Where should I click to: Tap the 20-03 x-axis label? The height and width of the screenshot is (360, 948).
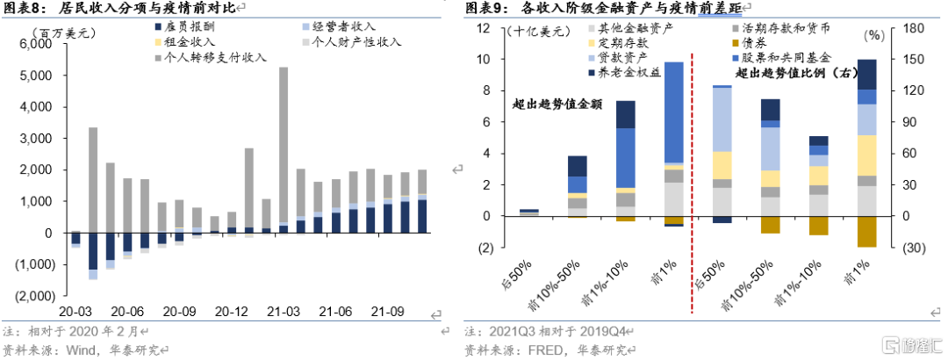click(x=76, y=311)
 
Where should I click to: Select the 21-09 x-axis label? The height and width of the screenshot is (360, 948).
click(x=387, y=311)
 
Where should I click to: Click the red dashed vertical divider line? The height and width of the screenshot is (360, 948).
click(x=693, y=176)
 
